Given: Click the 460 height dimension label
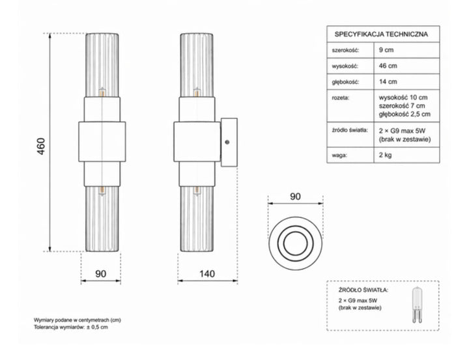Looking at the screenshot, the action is (41, 146).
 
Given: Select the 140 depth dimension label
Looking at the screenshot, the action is (207, 273).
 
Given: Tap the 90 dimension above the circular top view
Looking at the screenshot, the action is (295, 197).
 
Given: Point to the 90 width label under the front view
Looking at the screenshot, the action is (100, 273).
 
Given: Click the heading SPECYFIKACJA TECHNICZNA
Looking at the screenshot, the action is (381, 34).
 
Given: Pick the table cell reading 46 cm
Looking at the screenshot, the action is (388, 66).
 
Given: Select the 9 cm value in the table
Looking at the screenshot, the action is (386, 50).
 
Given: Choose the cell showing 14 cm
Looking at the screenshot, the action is (388, 81).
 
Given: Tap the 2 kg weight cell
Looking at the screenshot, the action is (385, 155).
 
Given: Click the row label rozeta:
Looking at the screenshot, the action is (341, 98).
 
